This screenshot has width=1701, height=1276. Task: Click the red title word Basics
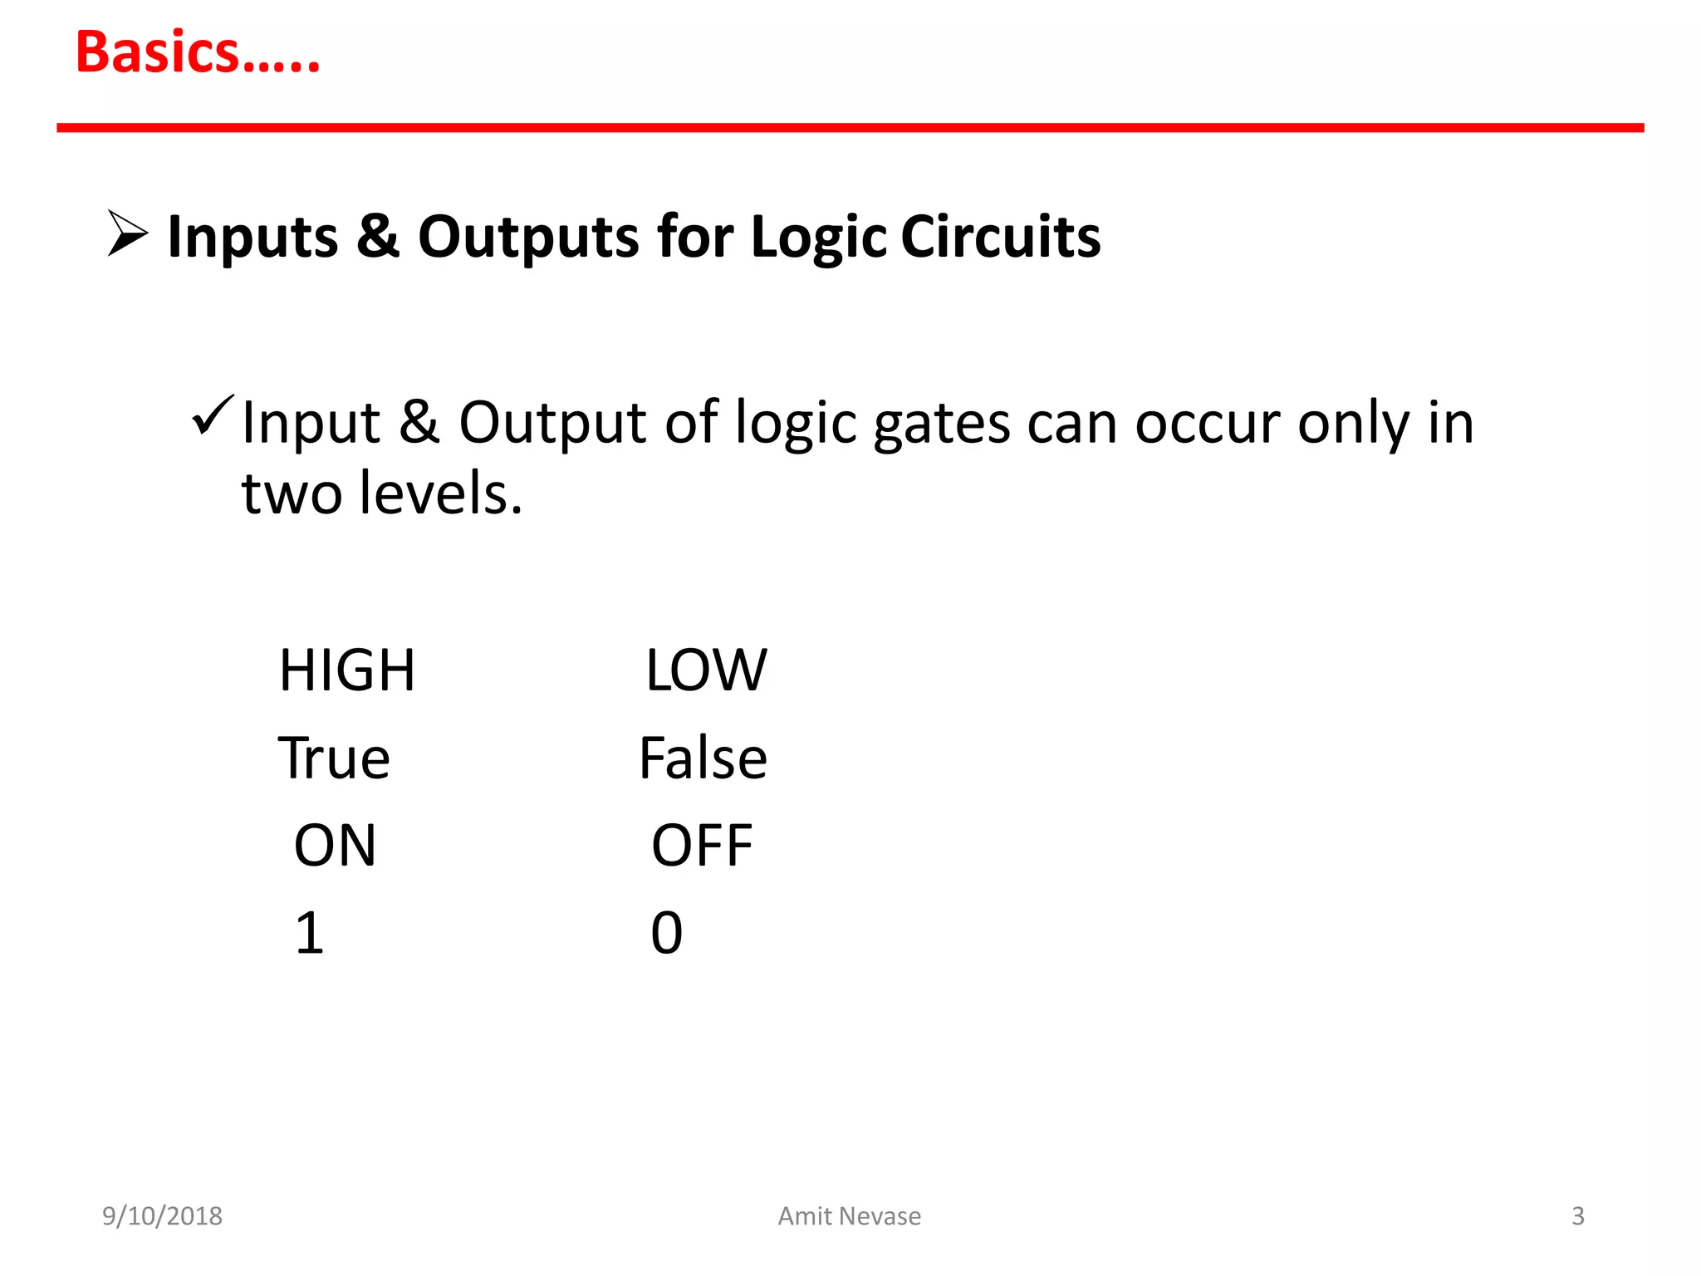tap(198, 53)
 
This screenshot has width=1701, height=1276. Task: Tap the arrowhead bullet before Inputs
tap(127, 233)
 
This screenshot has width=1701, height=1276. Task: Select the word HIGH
tap(347, 670)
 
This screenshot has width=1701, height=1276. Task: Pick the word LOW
tap(707, 670)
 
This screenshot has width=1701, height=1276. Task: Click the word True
tap(334, 758)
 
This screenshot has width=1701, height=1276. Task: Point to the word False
tap(703, 758)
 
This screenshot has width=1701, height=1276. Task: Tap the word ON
tap(336, 846)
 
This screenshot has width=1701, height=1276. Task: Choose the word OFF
tap(702, 846)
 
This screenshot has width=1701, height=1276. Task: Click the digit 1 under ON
tap(310, 933)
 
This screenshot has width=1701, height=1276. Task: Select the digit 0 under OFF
tap(666, 933)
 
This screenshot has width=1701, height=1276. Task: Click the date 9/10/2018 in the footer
tap(162, 1216)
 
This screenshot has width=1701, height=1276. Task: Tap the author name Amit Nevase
tap(849, 1216)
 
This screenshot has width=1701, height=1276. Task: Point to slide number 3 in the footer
tap(1578, 1216)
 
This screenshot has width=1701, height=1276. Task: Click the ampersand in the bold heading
tap(378, 237)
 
